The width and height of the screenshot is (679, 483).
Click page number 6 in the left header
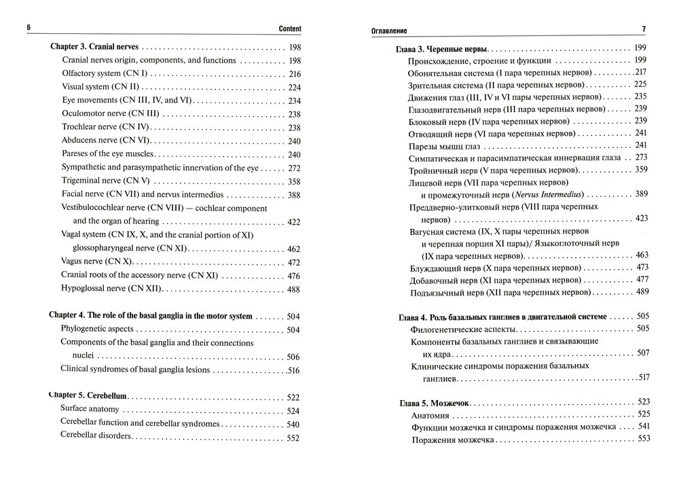29,29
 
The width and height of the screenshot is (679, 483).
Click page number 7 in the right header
644,29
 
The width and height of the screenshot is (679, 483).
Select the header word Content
290,29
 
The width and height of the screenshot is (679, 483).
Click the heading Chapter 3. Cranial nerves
95,48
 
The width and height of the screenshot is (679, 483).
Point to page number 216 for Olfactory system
294,74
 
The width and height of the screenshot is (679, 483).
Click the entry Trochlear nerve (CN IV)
105,128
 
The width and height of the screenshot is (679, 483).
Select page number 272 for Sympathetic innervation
294,168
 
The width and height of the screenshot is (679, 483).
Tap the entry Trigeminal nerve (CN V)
106,181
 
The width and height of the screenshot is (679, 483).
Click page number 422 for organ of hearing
294,221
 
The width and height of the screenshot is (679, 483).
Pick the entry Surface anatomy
90,410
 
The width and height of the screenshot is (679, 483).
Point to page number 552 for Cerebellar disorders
293,437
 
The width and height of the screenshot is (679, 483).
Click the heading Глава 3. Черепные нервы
441,50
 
